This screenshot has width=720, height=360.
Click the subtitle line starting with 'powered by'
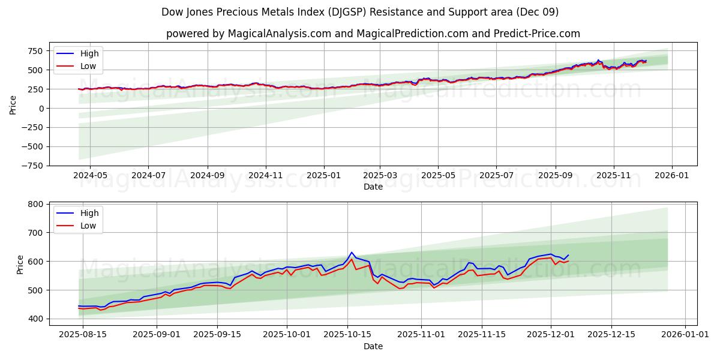coord(373,34)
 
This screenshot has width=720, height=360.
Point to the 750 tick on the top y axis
coord(37,51)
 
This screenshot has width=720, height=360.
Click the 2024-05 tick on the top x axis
coord(90,176)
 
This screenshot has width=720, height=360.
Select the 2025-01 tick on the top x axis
coord(324,176)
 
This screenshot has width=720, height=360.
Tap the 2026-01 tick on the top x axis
coord(671,176)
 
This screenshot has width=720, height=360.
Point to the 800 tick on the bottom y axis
coord(37,205)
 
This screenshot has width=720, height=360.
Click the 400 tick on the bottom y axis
coord(37,319)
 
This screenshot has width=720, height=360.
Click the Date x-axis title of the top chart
coord(373,187)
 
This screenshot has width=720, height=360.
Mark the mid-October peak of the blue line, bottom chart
coord(352,253)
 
